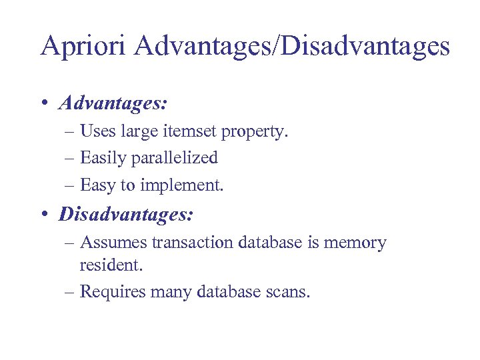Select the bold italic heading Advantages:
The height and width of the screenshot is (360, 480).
coord(113,103)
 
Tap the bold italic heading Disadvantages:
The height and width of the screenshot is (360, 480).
coord(126,214)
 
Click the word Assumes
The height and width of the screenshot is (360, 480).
coord(113,243)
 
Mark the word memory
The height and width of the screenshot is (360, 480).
coord(355,243)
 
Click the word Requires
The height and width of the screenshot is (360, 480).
coord(114,292)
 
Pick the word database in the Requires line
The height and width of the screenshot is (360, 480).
coord(227,292)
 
